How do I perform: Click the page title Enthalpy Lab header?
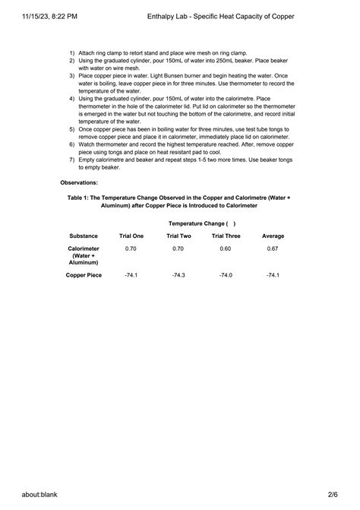231,15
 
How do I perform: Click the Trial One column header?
131,236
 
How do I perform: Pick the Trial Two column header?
178,236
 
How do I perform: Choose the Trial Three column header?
225,236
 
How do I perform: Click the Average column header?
273,236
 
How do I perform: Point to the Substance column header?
84,236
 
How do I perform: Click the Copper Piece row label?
84,274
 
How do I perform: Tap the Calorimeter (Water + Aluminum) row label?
84,255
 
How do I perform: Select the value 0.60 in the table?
225,249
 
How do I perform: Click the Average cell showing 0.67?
273,249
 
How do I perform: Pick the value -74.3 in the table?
178,274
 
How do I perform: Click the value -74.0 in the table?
225,274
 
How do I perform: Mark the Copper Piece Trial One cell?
131,274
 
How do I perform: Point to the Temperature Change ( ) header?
202,223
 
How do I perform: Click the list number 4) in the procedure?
71,99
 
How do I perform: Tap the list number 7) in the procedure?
71,160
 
